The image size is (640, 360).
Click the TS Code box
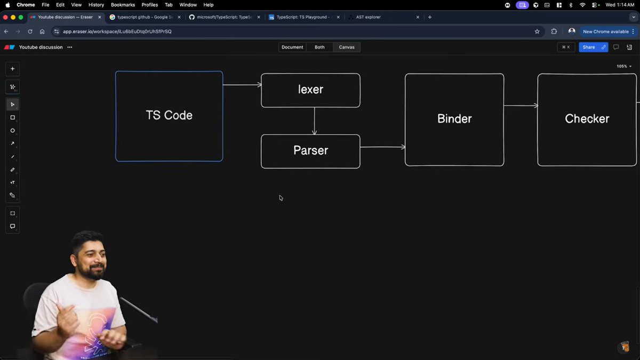coord(169,116)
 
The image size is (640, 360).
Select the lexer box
coord(310,90)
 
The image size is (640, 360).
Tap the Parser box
coord(310,151)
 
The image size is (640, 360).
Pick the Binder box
coord(454,119)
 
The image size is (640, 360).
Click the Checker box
coord(587,119)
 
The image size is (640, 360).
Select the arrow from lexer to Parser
coord(314,121)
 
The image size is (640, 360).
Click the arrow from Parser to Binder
coord(382,147)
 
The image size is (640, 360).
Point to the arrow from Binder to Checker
coord(521,106)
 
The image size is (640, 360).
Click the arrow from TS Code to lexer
coord(242,85)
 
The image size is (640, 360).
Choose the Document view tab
coord(292,47)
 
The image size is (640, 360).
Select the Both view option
coord(319,47)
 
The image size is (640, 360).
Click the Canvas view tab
coord(347,47)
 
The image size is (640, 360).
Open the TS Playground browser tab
coord(301,17)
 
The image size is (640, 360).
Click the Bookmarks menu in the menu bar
coord(123,5)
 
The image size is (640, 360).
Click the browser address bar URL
coord(117,31)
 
